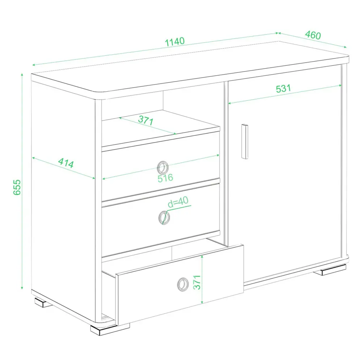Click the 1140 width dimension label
coord(175,42)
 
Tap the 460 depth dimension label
coord(313,35)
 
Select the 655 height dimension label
coord(17,187)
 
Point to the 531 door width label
coord(283,88)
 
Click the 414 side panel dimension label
coord(66,163)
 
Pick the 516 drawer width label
coord(165,178)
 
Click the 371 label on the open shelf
coord(146,120)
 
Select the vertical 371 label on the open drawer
coord(197,282)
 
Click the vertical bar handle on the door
coord(245,142)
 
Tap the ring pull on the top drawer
coord(163,168)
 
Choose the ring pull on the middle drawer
coord(164,218)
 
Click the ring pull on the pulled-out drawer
coord(183,285)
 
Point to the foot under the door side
coord(330,270)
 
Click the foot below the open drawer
coord(110,329)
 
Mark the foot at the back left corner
coord(43,302)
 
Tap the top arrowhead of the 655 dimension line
coord(22,75)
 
